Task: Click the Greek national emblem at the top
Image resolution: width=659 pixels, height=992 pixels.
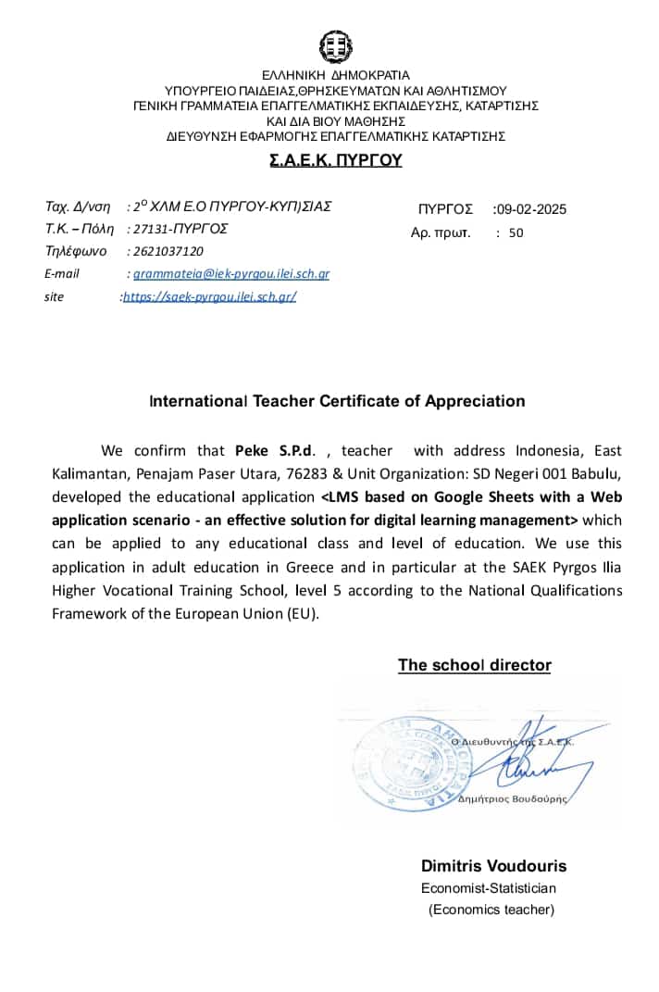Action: coord(335,46)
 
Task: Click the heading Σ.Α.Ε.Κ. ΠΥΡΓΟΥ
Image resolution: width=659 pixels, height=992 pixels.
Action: coord(335,160)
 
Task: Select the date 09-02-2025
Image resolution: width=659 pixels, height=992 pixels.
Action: coord(531,209)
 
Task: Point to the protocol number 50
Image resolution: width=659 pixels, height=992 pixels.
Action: coord(516,233)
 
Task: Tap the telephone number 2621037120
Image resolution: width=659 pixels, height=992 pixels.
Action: coord(168,251)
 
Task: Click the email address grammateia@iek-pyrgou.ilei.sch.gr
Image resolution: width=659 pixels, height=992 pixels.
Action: coord(231,274)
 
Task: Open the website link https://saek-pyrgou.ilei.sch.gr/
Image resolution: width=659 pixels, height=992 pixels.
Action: coord(209,297)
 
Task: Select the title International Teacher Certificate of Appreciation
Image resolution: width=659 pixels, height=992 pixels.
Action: coord(337,401)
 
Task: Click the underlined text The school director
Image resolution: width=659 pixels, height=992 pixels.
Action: coord(474,665)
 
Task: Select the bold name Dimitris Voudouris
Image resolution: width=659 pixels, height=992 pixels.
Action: coord(493,866)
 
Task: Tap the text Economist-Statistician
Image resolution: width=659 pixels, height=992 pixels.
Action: coord(489,888)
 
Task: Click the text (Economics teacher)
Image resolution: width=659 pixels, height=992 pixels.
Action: coord(491,910)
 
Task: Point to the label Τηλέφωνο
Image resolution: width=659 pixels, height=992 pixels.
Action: coord(76,251)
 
